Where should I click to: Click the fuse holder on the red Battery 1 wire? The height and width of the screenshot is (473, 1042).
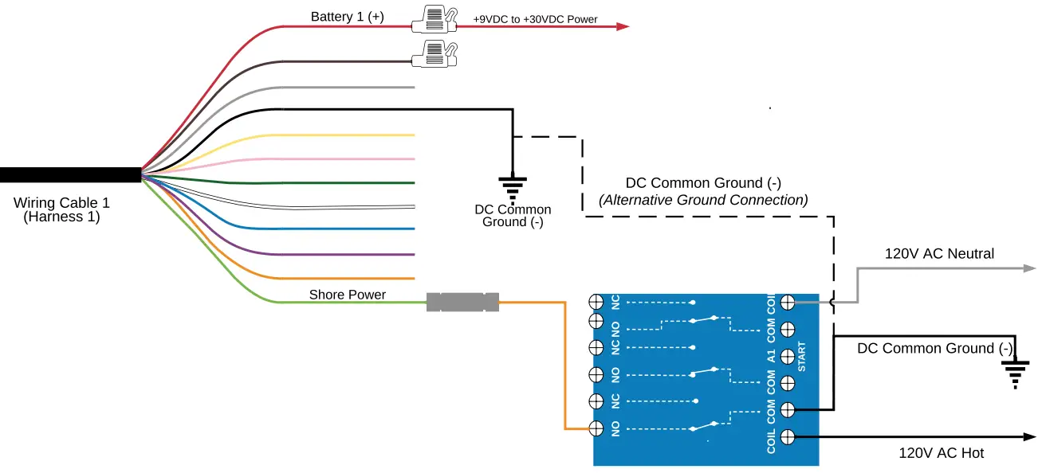tap(434, 20)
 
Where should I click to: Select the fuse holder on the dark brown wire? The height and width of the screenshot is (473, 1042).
tap(434, 55)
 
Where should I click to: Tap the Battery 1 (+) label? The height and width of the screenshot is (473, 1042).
tap(347, 17)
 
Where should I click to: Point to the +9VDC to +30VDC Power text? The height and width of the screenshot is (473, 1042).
tap(535, 19)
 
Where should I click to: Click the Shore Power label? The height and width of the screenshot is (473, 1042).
tap(348, 295)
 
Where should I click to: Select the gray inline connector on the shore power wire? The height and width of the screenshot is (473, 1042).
tap(462, 302)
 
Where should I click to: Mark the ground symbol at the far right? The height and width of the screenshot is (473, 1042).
tap(1016, 373)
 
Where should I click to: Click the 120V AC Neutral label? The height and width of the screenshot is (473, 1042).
tap(939, 254)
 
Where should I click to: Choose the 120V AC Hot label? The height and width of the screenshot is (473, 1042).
tap(941, 453)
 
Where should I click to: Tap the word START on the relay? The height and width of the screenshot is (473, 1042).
tap(802, 357)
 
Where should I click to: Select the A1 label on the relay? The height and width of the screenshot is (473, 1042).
tap(771, 355)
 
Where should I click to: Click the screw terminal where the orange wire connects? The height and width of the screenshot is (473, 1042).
tap(595, 428)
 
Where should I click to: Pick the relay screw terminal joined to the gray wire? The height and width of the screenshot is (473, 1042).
tap(788, 302)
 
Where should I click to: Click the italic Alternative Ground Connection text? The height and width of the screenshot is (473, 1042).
tap(703, 200)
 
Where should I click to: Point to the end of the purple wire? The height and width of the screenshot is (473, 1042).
tap(413, 255)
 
